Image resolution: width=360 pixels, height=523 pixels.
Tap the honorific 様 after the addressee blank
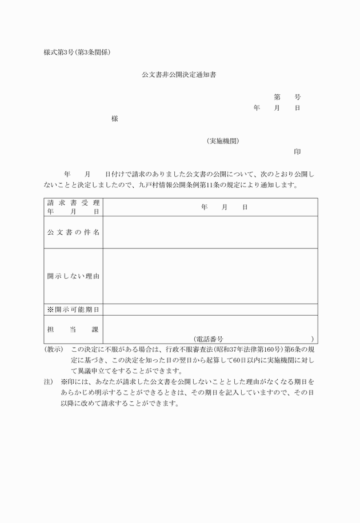pyautogui.click(x=115, y=119)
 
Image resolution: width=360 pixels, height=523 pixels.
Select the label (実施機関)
pyautogui.click(x=223, y=140)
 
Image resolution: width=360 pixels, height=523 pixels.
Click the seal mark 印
pyautogui.click(x=297, y=152)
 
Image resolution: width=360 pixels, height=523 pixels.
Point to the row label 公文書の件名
pyautogui.click(x=74, y=232)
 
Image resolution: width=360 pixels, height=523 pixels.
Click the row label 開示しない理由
pyautogui.click(x=74, y=276)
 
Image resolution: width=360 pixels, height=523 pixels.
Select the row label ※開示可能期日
pyautogui.click(x=74, y=309)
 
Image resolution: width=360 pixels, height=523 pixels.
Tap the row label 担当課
pyautogui.click(x=74, y=329)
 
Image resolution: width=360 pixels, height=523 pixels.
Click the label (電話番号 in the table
pyautogui.click(x=208, y=339)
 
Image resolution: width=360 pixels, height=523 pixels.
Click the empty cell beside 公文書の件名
pyautogui.click(x=210, y=232)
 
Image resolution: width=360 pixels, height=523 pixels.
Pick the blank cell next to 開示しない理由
pyautogui.click(x=210, y=276)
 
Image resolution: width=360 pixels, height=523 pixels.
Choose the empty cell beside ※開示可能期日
pyautogui.click(x=210, y=309)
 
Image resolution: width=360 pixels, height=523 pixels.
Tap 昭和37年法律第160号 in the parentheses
pyautogui.click(x=240, y=349)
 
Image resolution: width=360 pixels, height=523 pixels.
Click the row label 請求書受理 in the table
pyautogui.click(x=74, y=203)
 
